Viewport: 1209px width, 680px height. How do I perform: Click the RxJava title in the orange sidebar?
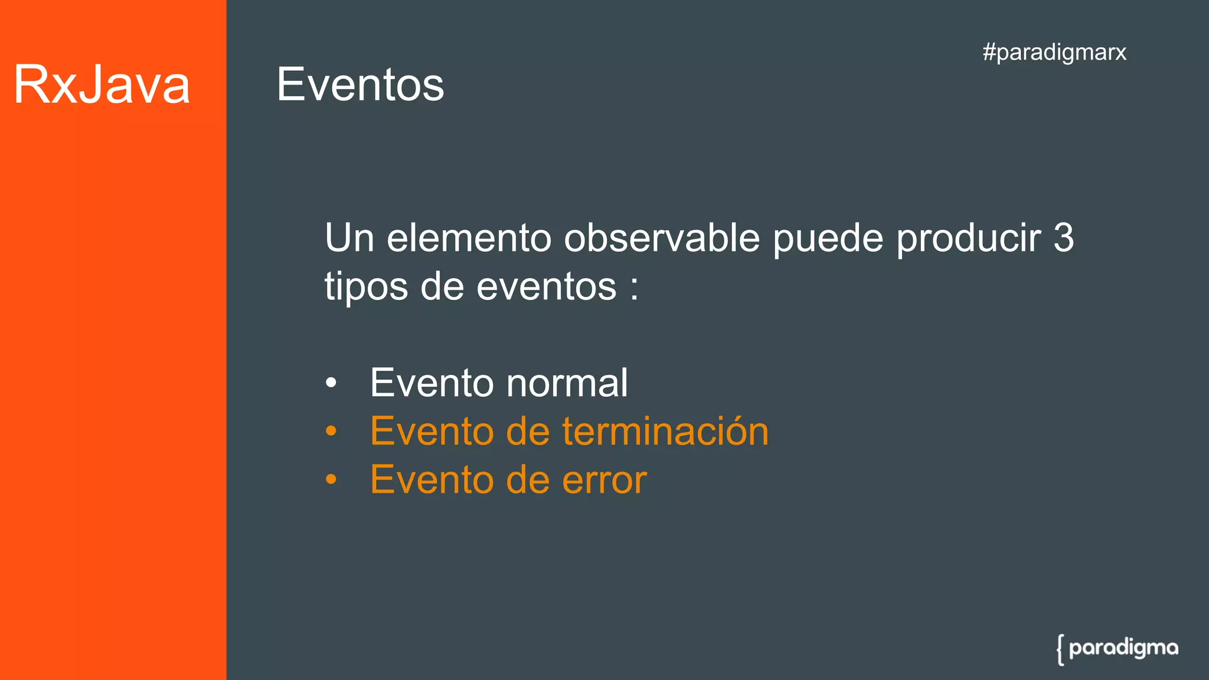[x=102, y=85]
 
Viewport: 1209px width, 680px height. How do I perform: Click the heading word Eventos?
[x=360, y=85]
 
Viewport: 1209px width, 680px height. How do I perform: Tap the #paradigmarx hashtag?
[x=1054, y=52]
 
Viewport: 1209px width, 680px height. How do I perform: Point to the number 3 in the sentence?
[x=1063, y=238]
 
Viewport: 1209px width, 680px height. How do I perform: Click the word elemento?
[x=469, y=238]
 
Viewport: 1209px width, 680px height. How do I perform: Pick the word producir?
[x=968, y=238]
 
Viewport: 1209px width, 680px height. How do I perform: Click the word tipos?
[x=366, y=287]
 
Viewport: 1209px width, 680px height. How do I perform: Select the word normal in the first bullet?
[x=567, y=383]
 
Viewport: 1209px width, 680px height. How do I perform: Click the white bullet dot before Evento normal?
[x=331, y=383]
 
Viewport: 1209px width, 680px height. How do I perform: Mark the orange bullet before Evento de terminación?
[x=331, y=431]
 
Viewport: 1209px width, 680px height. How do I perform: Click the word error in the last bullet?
[x=604, y=480]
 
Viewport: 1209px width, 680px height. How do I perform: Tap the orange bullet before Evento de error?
[x=331, y=480]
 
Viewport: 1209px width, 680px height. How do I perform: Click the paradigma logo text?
[x=1123, y=648]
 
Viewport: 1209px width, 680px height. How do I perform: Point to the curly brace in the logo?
[x=1061, y=650]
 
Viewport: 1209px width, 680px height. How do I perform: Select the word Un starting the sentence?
[x=349, y=238]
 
